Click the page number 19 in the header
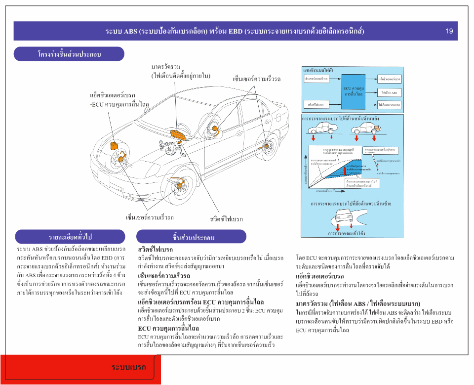449,31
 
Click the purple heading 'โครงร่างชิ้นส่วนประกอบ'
69,54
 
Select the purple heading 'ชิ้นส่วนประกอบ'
191,237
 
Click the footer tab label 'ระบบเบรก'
129,367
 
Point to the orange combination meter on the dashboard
176,134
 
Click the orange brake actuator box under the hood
115,145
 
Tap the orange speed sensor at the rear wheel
269,146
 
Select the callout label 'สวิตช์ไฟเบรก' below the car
226,218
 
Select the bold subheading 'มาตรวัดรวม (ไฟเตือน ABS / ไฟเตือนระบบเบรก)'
358,303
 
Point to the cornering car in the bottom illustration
346,217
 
